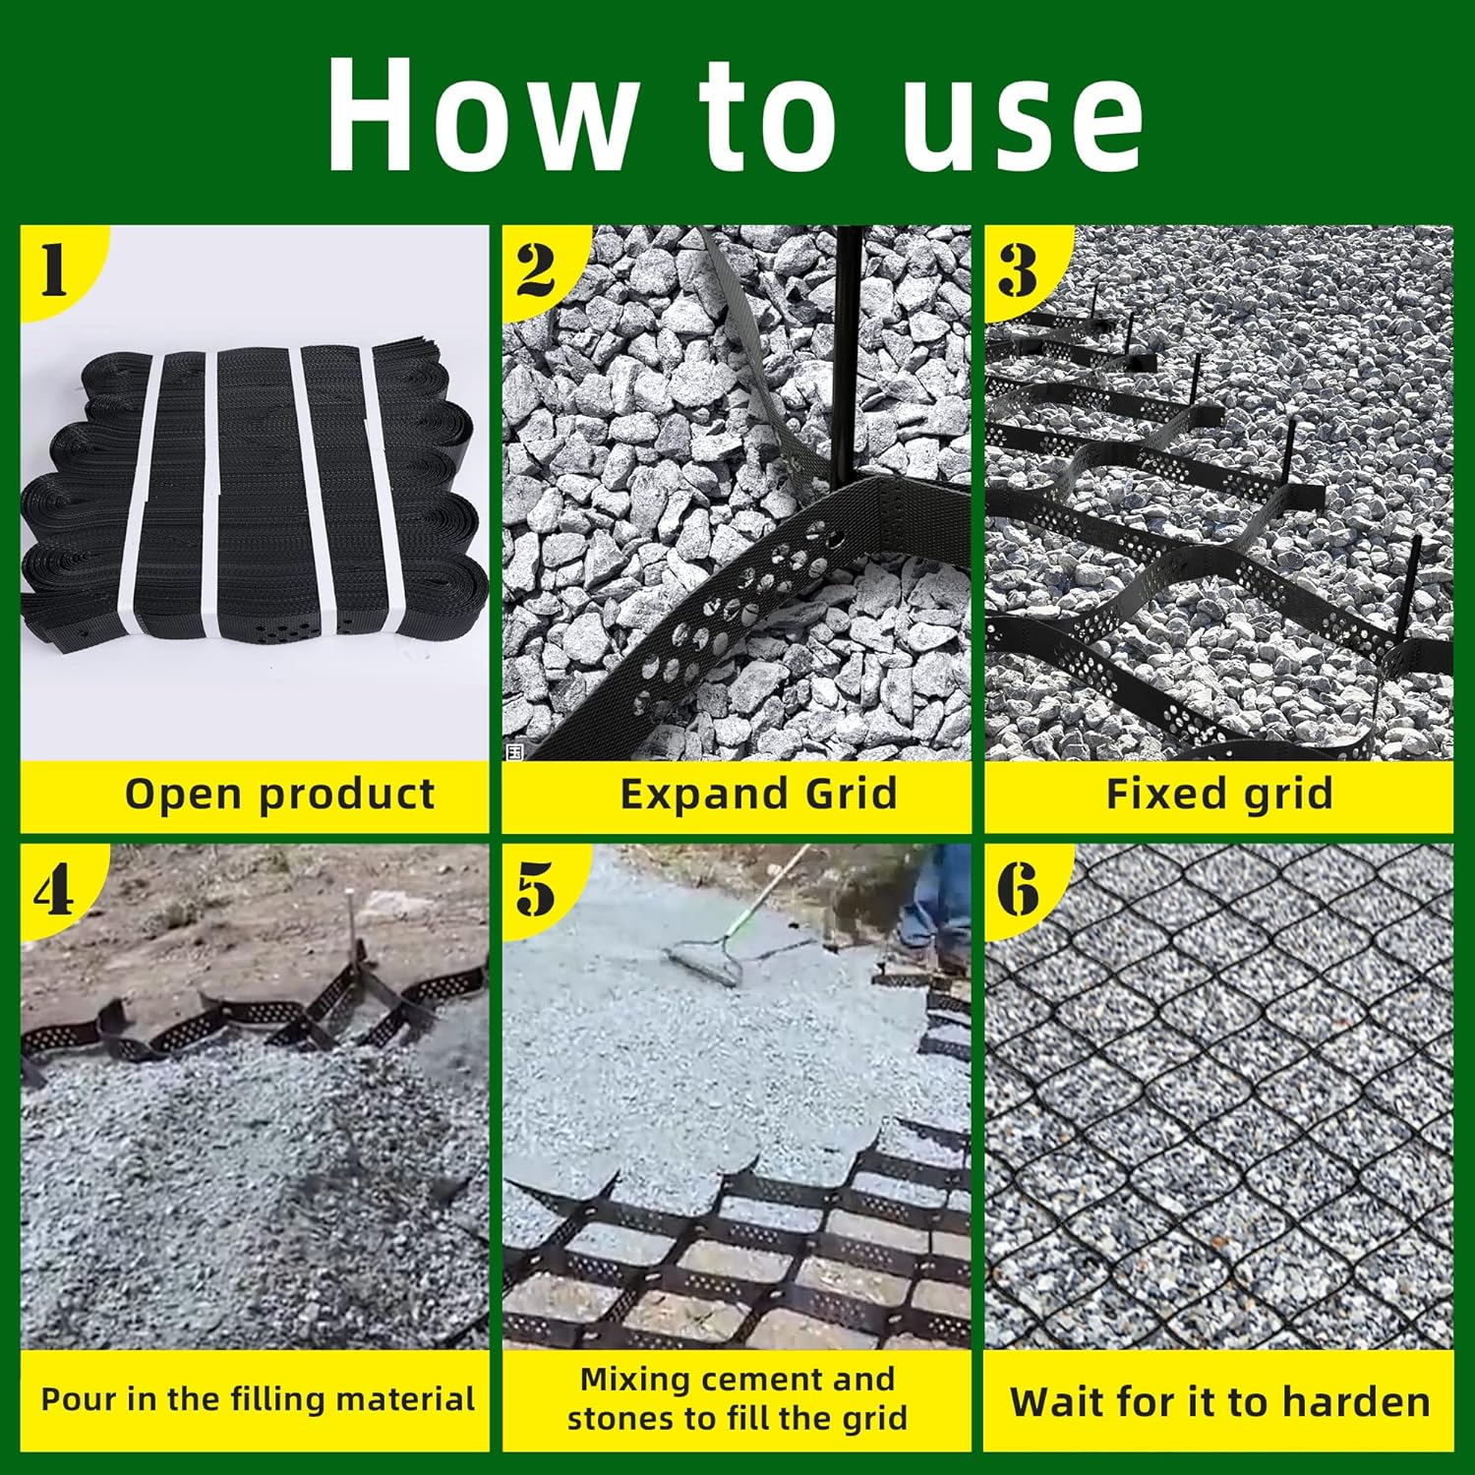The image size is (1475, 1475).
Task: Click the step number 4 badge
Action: click(55, 890)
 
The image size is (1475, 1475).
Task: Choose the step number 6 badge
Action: click(1018, 890)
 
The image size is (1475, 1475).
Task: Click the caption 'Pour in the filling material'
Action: click(258, 1399)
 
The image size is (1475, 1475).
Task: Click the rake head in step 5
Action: click(703, 964)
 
